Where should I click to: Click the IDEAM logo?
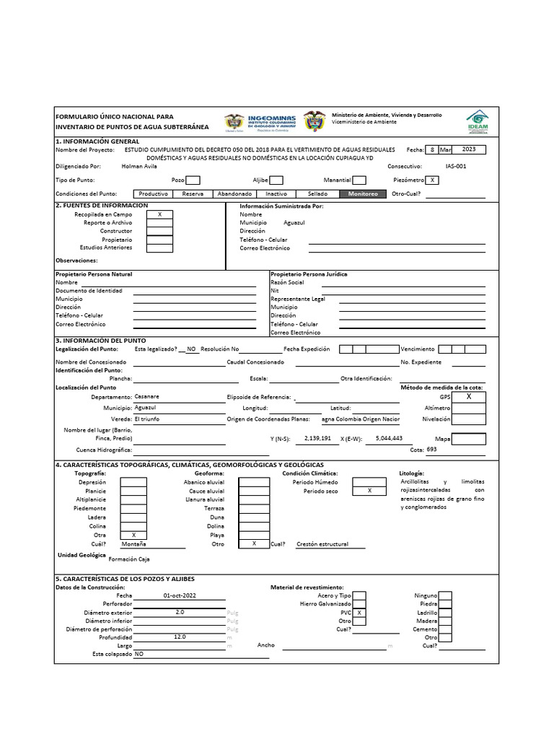[477, 121]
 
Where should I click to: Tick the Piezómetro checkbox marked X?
[431, 180]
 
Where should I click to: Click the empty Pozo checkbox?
[193, 180]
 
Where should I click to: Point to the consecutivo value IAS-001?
[456, 165]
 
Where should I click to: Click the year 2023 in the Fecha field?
[468, 149]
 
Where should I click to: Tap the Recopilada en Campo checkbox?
[159, 214]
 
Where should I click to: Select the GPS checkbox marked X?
[468, 397]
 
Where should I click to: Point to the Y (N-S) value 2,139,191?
[317, 438]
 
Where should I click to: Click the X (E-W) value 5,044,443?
[389, 438]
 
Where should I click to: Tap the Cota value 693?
[431, 449]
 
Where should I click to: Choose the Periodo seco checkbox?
[369, 491]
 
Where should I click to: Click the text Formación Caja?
[130, 559]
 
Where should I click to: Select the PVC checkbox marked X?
[359, 612]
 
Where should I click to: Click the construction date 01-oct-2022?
[180, 595]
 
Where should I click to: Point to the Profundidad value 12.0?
[180, 637]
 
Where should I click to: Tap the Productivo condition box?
[153, 193]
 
